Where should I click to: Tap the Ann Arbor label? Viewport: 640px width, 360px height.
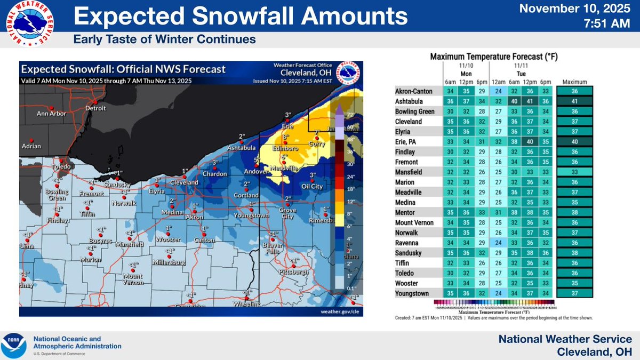click(x=51, y=114)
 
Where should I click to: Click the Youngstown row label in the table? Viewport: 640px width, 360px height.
click(x=412, y=293)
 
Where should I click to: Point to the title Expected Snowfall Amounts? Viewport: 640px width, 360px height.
click(x=238, y=18)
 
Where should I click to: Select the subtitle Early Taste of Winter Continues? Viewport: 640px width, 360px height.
click(x=164, y=40)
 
